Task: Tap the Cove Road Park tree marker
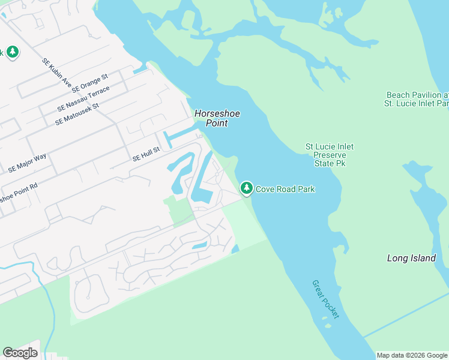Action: point(246,188)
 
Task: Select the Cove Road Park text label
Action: point(286,189)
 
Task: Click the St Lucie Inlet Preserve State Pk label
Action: point(330,155)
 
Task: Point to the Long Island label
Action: point(411,258)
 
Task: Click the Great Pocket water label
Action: point(325,299)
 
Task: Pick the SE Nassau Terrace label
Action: point(84,99)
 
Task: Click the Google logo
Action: point(20,353)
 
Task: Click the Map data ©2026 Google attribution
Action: point(412,355)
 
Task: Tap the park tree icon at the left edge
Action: point(11,52)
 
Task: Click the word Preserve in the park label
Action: point(330,155)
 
